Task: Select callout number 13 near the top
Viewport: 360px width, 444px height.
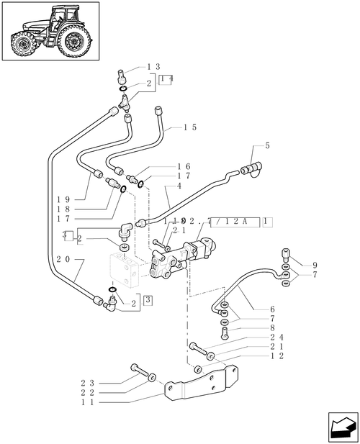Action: tap(153, 67)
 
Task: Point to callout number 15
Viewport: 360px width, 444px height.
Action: tap(190, 127)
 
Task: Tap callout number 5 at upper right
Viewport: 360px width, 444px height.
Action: tap(267, 146)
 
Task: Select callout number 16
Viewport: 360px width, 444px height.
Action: tap(184, 166)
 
